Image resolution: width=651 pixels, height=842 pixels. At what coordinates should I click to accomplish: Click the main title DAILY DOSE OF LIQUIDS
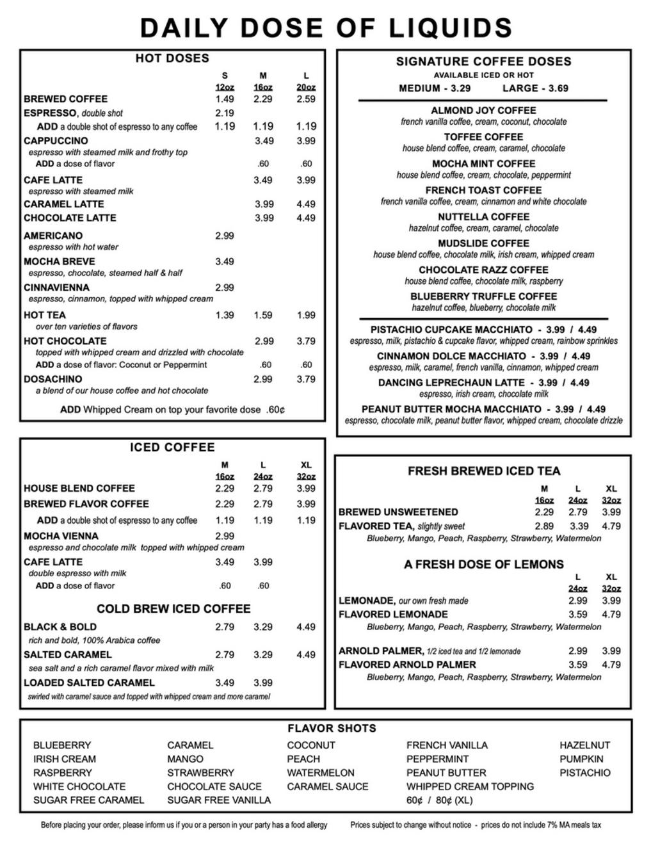pos(326,28)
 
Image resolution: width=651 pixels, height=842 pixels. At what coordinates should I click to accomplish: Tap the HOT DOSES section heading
pos(172,58)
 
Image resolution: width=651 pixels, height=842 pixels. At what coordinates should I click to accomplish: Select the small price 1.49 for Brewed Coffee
pos(225,99)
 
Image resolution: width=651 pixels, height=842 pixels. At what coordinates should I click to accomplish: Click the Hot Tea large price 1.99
pos(306,315)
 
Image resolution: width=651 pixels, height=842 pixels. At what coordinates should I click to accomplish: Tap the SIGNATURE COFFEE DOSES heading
pos(483,61)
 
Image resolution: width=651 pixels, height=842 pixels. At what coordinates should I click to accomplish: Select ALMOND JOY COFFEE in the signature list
pos(483,110)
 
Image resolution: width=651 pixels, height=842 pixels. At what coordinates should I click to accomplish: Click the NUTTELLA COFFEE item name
pos(483,216)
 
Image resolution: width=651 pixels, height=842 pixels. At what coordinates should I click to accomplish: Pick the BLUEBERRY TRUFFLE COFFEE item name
pos(483,296)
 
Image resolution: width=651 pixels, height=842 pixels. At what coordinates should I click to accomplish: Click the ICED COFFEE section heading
pos(172,447)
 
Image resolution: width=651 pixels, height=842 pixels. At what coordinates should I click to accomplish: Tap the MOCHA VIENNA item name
pos(61,536)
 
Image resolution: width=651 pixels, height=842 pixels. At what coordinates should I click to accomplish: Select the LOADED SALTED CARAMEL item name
pos(89,683)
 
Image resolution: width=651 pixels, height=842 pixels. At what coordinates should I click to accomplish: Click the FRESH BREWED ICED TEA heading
pos(483,471)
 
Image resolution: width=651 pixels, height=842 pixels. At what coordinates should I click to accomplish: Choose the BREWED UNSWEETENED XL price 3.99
pos(611,512)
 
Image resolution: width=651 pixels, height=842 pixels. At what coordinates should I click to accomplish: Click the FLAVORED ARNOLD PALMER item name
pos(407,665)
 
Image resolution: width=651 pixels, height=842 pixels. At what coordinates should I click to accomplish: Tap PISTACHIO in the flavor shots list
pos(585,773)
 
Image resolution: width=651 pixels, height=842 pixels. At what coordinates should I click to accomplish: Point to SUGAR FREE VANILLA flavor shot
pos(219,800)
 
